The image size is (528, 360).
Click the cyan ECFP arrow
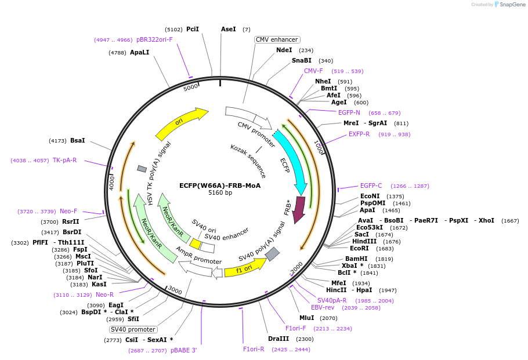(292, 159)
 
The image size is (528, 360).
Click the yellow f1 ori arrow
(245, 268)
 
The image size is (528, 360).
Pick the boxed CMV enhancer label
(277, 39)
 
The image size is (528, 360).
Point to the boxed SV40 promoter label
(133, 329)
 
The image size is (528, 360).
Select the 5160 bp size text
(220, 193)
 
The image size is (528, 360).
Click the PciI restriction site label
(193, 29)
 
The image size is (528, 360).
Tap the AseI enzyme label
(229, 29)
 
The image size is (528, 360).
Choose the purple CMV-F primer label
(313, 71)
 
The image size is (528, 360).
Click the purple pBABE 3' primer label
(184, 351)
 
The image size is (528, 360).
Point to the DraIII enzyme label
(279, 339)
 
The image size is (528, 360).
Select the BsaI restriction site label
(78, 140)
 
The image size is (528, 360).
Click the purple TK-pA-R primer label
(65, 160)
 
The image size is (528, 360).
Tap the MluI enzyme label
(307, 318)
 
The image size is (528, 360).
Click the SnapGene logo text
(511, 4)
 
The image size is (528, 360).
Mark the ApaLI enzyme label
(140, 52)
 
